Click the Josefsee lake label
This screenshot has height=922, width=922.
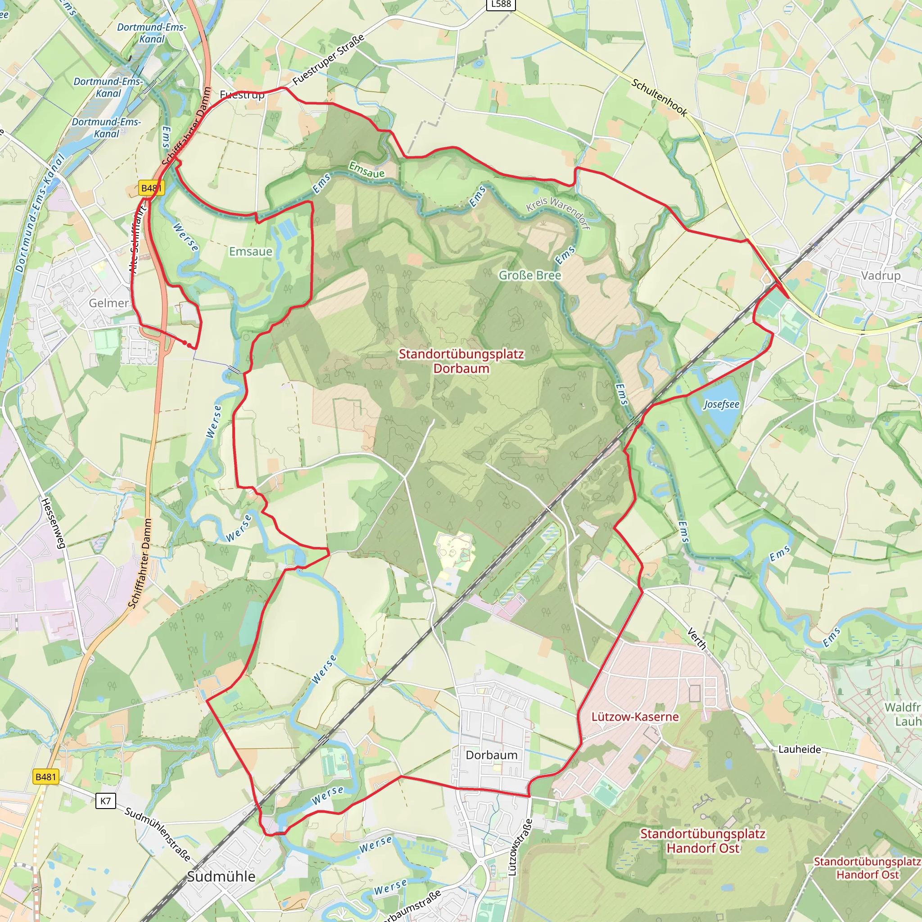(x=721, y=405)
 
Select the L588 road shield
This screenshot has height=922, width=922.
(x=501, y=5)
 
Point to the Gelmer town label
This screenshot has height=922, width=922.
(x=109, y=303)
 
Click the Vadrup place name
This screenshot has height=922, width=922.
(x=881, y=276)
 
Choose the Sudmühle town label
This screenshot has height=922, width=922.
(x=221, y=876)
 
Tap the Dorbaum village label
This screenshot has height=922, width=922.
(x=492, y=755)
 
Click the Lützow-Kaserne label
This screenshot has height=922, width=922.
(x=635, y=717)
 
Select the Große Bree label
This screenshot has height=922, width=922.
(x=530, y=276)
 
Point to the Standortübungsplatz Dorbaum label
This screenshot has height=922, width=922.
(x=461, y=361)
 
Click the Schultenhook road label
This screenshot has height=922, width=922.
(x=659, y=97)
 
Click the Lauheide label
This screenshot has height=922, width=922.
(x=800, y=749)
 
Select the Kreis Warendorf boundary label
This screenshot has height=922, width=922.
(x=558, y=213)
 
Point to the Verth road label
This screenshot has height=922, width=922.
(x=696, y=638)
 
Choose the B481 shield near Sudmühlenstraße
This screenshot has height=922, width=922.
(x=46, y=777)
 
